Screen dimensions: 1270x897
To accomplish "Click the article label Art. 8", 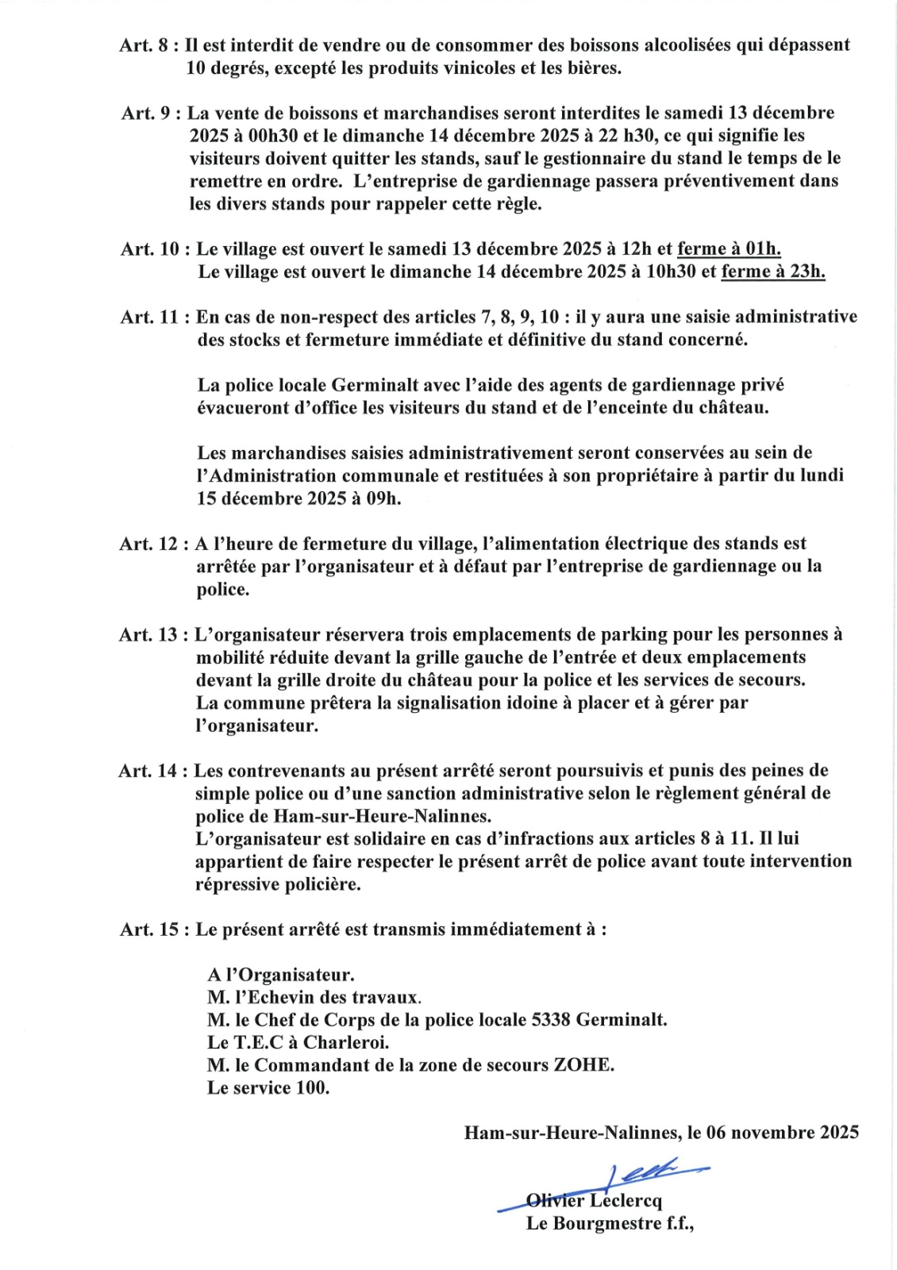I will [144, 45].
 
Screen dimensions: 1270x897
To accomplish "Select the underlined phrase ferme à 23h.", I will [772, 272].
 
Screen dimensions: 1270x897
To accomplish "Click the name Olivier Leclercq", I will [594, 1201].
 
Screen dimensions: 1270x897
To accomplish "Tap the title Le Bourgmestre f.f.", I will [610, 1223].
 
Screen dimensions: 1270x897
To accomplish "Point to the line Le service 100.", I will [268, 1087].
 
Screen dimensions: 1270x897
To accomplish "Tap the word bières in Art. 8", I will [594, 68].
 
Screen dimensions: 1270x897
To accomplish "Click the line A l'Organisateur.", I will [281, 975].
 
